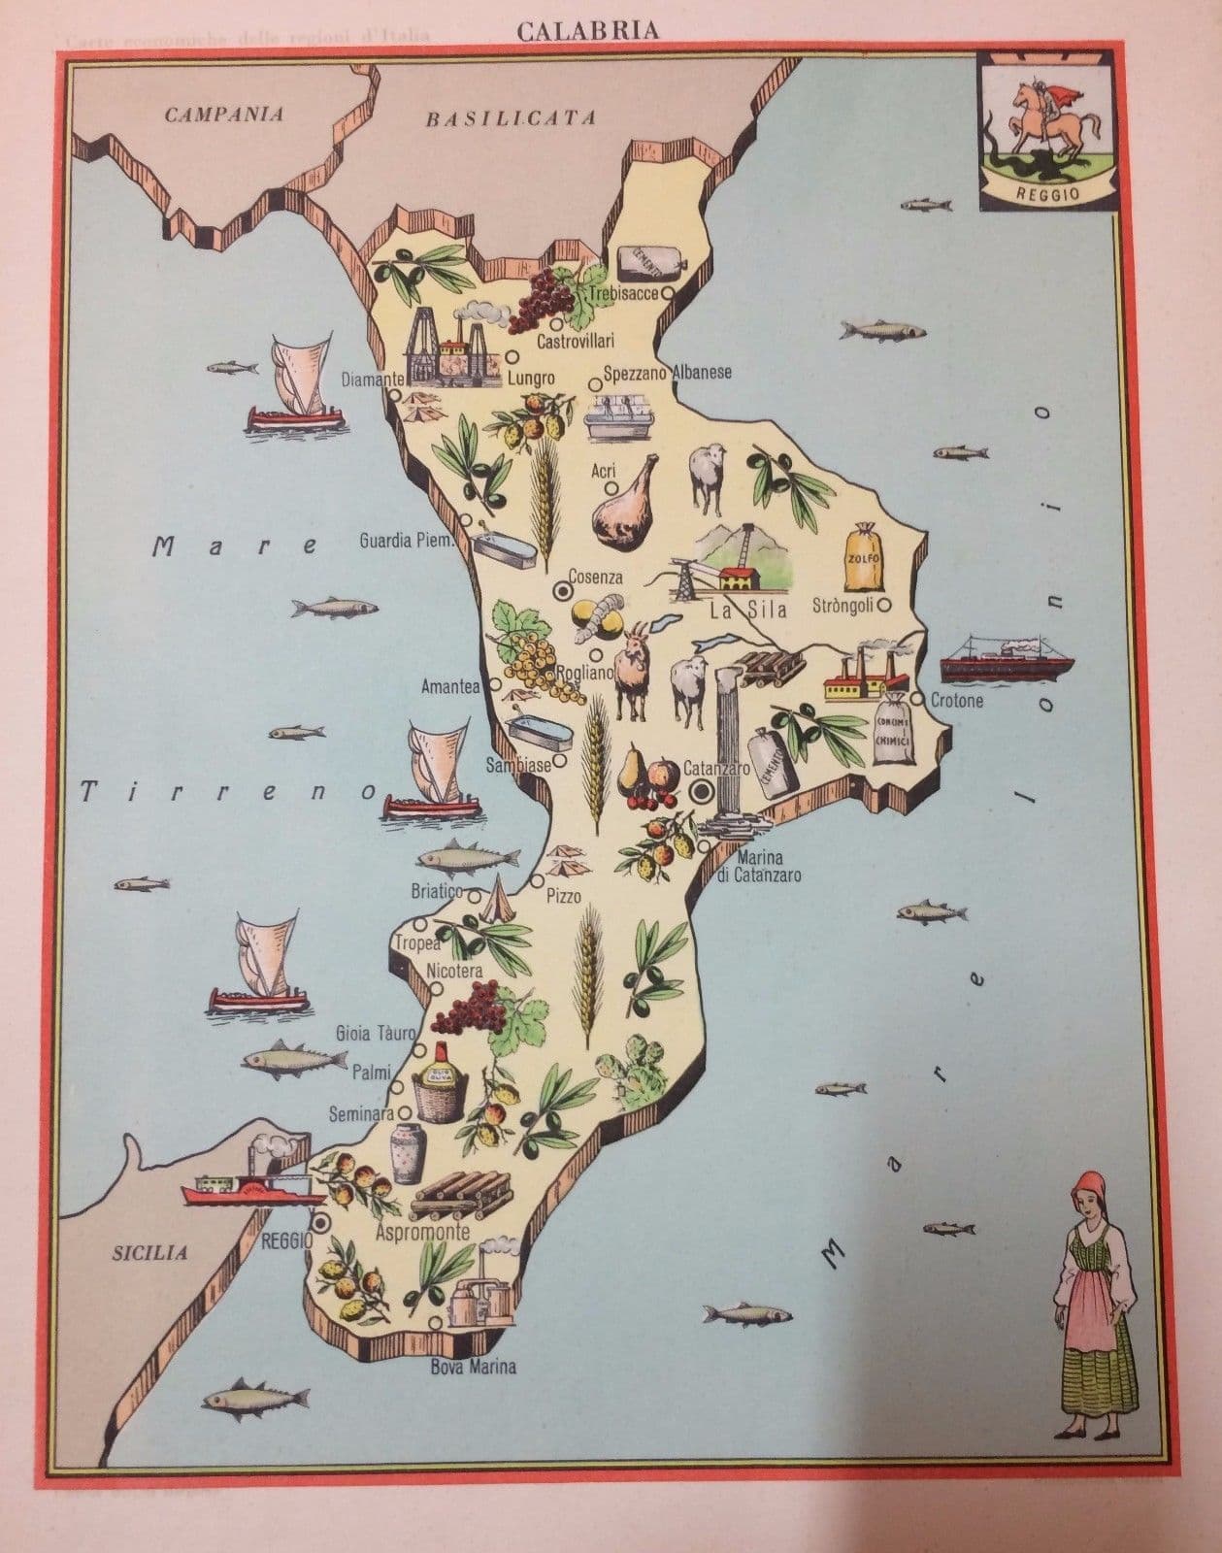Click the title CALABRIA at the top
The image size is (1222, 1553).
pos(587,31)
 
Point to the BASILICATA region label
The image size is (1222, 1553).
pos(510,119)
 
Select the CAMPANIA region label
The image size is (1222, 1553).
pos(224,115)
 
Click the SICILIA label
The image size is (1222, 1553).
pos(150,1252)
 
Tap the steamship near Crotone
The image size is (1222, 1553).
pos(1007,658)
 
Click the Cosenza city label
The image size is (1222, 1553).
pos(595,578)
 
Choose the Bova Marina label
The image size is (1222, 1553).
pos(473,1368)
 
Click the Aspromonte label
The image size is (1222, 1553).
pos(423,1233)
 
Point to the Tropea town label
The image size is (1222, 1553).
pos(416,942)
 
